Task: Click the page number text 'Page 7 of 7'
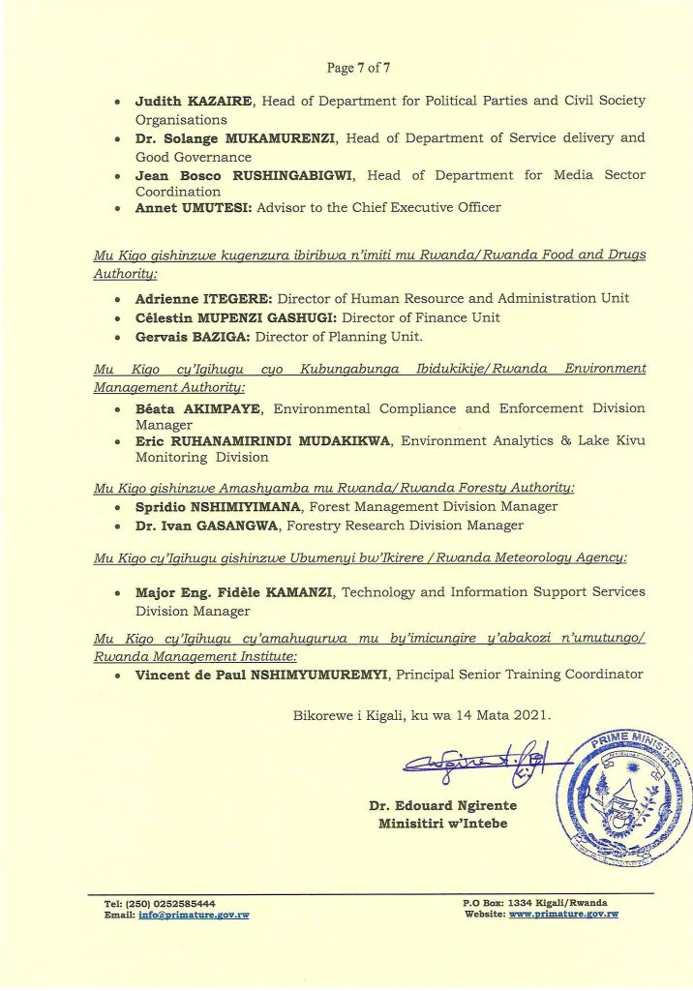(358, 68)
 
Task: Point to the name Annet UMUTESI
(189, 207)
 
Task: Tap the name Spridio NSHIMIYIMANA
(221, 506)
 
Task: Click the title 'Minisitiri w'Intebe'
(442, 824)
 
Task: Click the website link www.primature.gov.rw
(563, 914)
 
